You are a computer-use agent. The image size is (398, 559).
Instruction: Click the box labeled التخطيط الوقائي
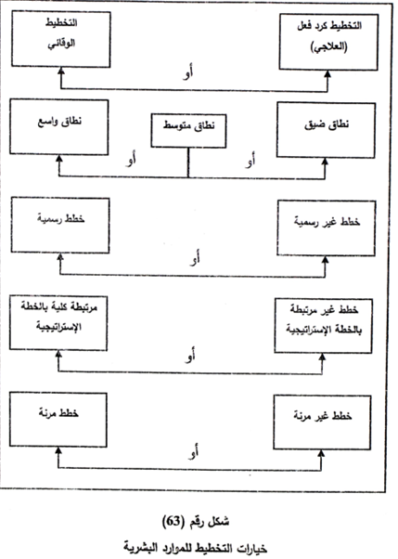61,39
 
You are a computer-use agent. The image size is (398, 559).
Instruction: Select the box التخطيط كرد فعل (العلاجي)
328,42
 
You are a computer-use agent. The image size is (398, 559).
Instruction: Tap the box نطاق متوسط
188,131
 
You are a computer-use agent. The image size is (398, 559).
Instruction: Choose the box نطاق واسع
59,127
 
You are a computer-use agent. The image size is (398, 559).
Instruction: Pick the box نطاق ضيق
326,130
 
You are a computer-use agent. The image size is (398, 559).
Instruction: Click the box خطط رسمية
60,226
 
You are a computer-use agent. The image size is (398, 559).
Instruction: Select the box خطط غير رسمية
327,228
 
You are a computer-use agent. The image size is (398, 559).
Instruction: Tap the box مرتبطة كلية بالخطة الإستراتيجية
58,322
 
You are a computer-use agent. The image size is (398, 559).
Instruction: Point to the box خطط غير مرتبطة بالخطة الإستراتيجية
324,326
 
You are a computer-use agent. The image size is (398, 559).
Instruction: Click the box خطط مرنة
58,420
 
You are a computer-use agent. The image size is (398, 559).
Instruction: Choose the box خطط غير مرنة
322,422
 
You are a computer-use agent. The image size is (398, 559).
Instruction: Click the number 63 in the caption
173,522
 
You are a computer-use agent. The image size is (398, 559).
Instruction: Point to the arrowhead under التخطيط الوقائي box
61,71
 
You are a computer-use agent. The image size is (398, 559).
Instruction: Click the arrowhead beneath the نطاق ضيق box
325,162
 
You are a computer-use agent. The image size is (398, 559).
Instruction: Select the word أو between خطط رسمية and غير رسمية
195,258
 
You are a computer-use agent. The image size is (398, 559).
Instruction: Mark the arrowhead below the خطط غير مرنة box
321,453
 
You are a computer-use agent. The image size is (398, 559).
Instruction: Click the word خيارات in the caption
252,547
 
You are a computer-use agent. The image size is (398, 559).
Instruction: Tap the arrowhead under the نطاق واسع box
59,159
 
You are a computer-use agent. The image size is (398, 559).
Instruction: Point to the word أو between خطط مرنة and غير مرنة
194,451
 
